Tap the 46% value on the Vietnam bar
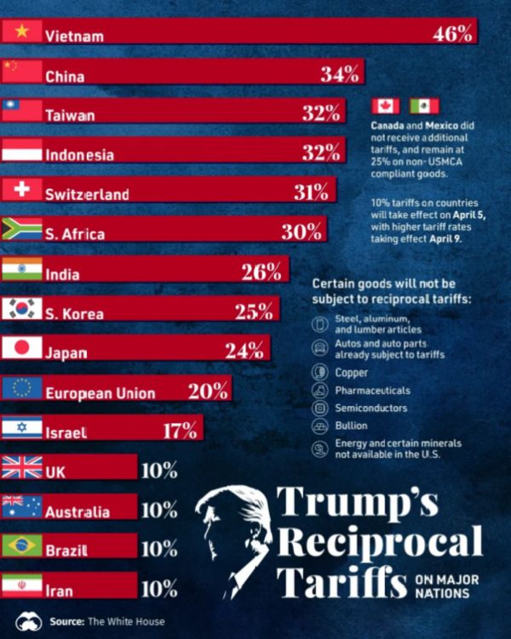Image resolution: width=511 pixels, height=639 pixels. click(x=452, y=34)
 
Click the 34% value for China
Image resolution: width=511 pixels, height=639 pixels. click(x=340, y=74)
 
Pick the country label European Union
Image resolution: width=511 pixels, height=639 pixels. click(x=100, y=393)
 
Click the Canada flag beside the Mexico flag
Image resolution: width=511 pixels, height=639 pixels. click(x=386, y=106)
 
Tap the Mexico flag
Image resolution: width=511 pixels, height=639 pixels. click(x=423, y=106)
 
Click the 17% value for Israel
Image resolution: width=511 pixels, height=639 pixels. click(x=180, y=430)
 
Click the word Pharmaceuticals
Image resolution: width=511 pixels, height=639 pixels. click(x=372, y=391)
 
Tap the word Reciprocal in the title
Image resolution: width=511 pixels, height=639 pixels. click(x=380, y=542)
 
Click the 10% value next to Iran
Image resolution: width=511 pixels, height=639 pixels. click(x=159, y=588)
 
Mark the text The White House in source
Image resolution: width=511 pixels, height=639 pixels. click(x=127, y=621)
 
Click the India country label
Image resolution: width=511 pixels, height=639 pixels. click(x=63, y=275)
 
